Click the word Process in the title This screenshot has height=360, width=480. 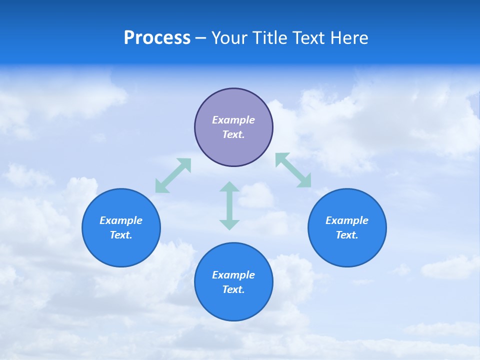157,38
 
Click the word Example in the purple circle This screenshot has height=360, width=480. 233,120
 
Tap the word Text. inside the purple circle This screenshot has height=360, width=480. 233,134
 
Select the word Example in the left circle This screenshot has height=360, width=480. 121,220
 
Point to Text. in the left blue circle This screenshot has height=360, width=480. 121,235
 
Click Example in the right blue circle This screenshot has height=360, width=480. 347,220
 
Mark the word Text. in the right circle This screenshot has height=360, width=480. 347,235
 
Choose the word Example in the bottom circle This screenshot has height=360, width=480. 233,275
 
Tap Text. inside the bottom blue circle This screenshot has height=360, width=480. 233,289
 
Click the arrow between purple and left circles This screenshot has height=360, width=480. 173,175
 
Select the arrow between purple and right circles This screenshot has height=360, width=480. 293,170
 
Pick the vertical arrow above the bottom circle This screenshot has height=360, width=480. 229,205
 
